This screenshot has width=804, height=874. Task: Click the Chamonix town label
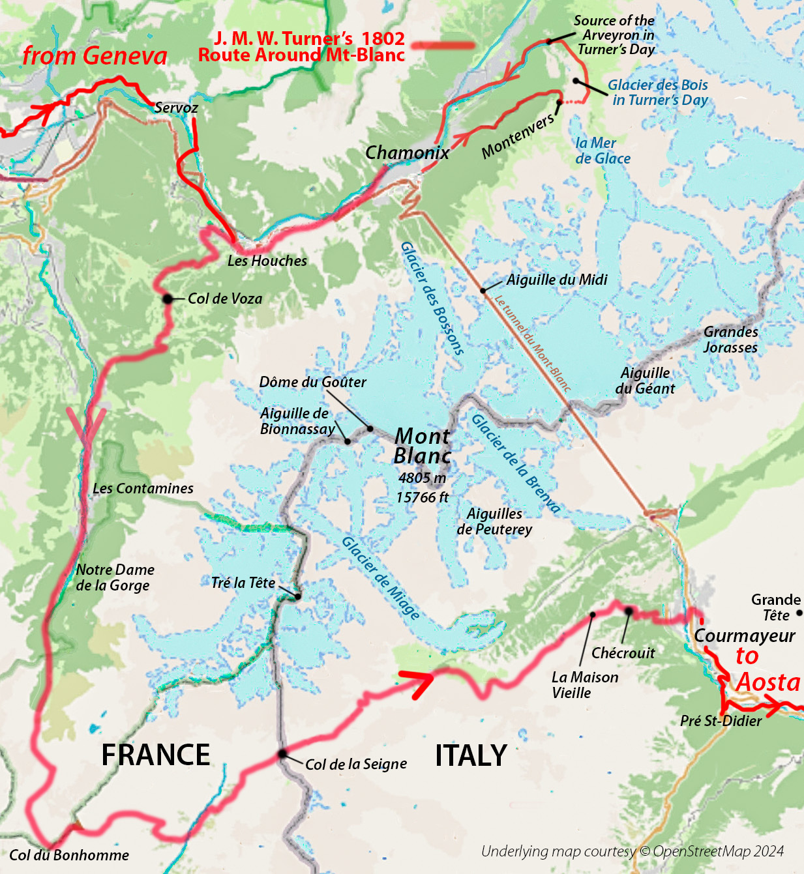407,153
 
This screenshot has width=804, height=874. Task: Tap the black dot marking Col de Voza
168,299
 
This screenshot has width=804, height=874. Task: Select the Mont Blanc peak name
423,446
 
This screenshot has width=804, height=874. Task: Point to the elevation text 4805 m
423,478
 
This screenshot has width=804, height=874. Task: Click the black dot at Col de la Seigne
282,754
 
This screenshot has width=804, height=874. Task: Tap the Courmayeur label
745,635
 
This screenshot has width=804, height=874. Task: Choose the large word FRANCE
156,755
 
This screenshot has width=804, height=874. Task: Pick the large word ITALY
471,755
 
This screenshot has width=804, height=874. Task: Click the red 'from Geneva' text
95,55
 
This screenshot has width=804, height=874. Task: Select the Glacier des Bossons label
432,299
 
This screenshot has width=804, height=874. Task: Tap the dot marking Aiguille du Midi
483,290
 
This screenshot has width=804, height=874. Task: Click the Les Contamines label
143,488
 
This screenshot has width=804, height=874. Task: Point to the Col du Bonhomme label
69,855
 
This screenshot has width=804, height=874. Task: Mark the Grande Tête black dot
799,613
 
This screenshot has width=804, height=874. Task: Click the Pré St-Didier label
721,721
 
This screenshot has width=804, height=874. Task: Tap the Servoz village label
176,108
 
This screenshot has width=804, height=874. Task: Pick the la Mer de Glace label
603,151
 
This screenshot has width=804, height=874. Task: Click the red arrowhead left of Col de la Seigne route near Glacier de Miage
418,682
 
